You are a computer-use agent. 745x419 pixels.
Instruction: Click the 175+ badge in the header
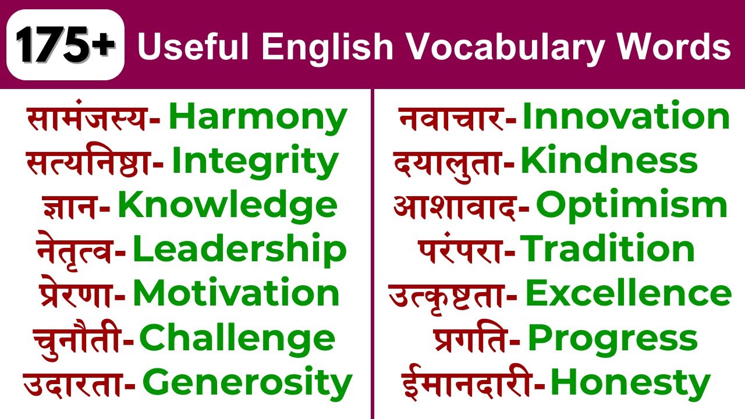point(65,45)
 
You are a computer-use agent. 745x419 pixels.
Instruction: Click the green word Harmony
point(257,118)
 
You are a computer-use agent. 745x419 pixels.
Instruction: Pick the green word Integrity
point(254,162)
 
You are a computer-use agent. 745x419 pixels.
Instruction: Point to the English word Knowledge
point(227,206)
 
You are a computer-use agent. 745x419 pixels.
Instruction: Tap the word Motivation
point(236,293)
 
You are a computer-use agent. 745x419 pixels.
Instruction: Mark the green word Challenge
point(237,339)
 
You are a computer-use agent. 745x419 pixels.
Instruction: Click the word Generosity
point(247,383)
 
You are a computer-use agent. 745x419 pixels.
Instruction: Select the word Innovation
point(626,116)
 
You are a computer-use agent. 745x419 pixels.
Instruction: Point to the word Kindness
point(608,161)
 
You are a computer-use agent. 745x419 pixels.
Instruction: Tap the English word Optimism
point(632,205)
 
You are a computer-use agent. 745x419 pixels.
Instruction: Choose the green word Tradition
point(607,249)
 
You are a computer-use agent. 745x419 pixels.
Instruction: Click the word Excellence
point(628,294)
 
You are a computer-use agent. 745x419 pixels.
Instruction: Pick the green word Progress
point(612,339)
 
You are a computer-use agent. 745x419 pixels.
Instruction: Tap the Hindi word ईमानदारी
point(467,383)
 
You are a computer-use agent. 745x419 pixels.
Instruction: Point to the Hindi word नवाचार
point(451,118)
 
